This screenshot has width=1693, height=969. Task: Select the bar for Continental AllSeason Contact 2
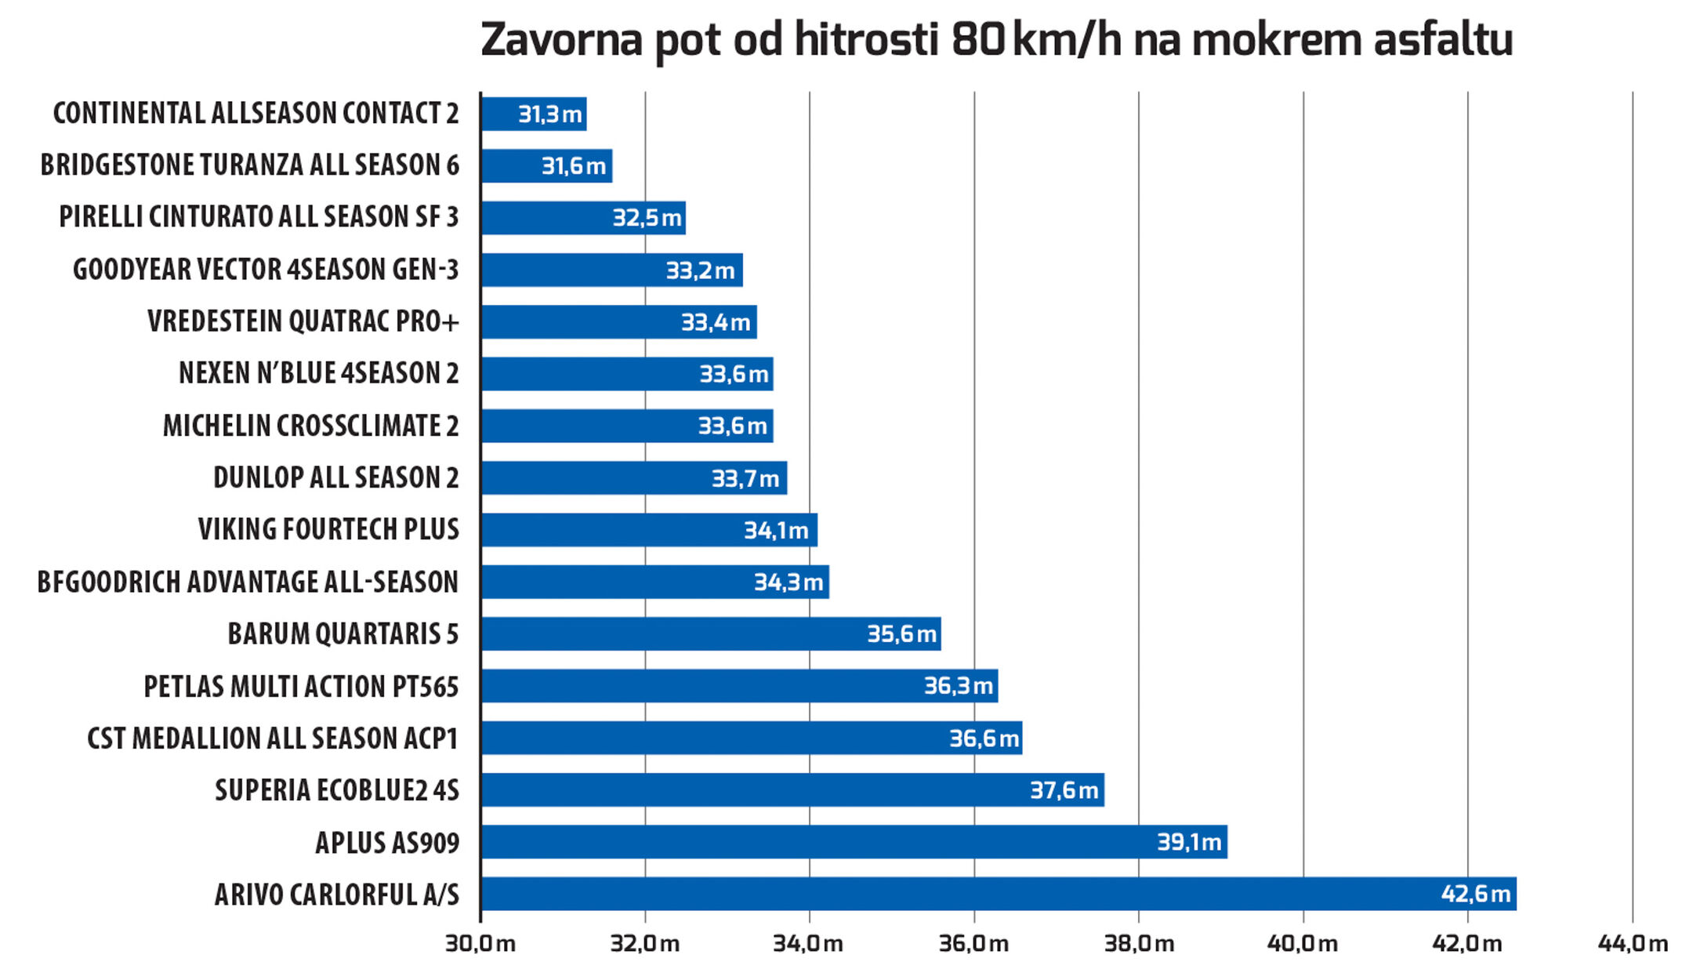pyautogui.click(x=533, y=114)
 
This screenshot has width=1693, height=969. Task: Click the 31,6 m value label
pyautogui.click(x=574, y=166)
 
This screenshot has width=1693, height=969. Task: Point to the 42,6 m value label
pyautogui.click(x=1475, y=894)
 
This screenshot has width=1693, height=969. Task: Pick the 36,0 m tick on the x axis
pyautogui.click(x=974, y=943)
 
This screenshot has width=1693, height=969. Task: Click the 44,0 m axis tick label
pyautogui.click(x=1633, y=943)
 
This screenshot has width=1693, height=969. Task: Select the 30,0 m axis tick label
pyautogui.click(x=480, y=943)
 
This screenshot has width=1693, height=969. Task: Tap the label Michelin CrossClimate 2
pyautogui.click(x=310, y=426)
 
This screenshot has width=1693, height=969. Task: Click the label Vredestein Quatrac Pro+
pyautogui.click(x=303, y=321)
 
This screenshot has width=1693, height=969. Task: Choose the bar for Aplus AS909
pyautogui.click(x=854, y=842)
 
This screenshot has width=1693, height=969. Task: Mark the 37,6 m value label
pyautogui.click(x=1064, y=790)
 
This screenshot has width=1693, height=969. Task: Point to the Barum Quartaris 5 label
pyautogui.click(x=343, y=633)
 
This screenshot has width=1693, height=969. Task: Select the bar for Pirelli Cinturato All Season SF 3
pyautogui.click(x=583, y=218)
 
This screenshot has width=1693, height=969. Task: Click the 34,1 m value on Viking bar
pyautogui.click(x=776, y=531)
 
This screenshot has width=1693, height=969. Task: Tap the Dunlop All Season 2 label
pyautogui.click(x=335, y=477)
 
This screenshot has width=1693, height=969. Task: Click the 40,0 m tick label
pyautogui.click(x=1303, y=943)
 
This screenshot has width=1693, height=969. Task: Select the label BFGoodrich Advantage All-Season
pyautogui.click(x=248, y=582)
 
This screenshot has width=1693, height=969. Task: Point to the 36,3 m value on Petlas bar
pyautogui.click(x=959, y=686)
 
